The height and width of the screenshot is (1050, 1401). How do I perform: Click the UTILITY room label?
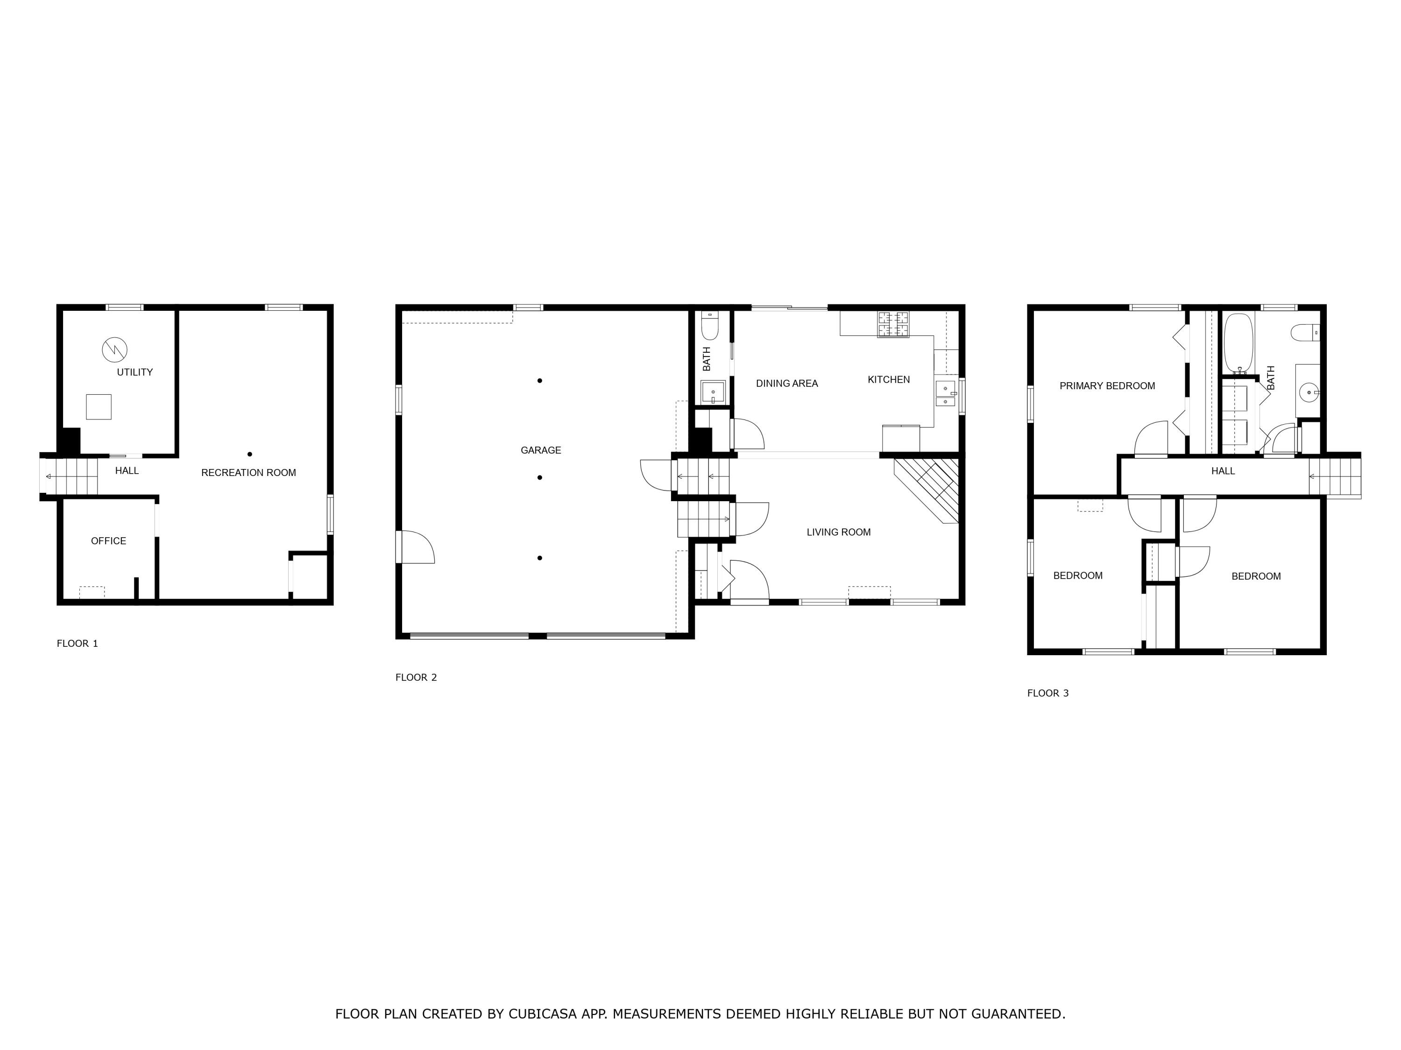(x=134, y=372)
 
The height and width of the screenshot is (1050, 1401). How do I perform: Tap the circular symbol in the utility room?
(x=114, y=350)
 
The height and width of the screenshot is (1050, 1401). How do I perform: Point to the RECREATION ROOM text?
(x=248, y=473)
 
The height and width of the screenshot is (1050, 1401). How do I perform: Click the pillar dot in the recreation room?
(x=249, y=454)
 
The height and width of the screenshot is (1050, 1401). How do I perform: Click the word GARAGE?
(x=540, y=450)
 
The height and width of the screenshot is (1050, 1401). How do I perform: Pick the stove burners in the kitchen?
(x=892, y=325)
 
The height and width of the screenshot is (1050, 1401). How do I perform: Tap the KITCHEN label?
(x=888, y=380)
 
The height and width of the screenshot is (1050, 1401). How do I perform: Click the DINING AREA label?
(x=786, y=384)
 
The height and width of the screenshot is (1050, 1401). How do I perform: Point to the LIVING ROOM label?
(x=838, y=532)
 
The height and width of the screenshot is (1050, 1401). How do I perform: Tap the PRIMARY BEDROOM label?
(x=1106, y=386)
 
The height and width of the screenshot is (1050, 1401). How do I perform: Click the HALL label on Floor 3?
(x=1223, y=471)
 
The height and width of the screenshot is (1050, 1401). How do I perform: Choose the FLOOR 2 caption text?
(x=416, y=677)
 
